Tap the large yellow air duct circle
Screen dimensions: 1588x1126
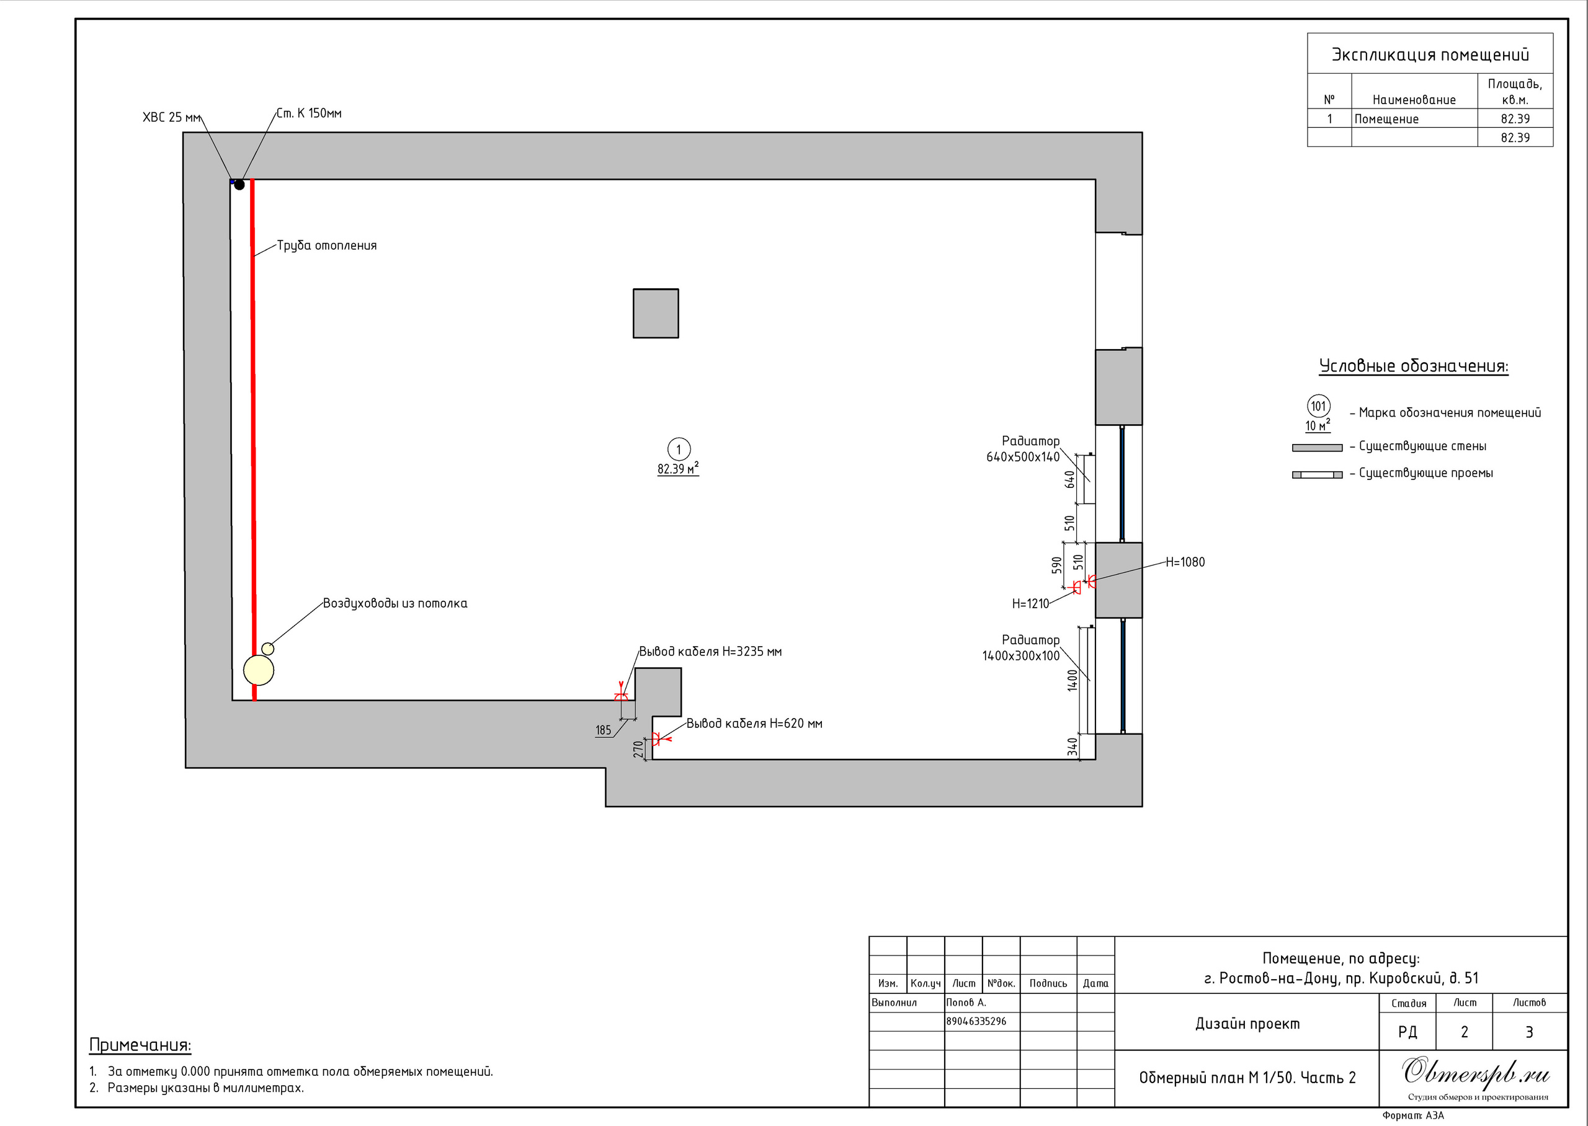point(259,670)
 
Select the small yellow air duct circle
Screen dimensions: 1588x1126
point(268,649)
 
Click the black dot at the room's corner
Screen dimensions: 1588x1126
point(239,184)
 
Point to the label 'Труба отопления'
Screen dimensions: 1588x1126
point(327,246)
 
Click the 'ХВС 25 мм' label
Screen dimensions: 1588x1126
point(171,117)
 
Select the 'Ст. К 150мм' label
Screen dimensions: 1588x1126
point(308,113)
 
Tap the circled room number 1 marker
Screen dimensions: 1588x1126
point(678,450)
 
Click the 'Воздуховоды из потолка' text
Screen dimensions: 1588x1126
point(395,603)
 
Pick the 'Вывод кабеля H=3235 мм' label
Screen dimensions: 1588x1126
point(710,651)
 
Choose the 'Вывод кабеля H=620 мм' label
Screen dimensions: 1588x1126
point(754,723)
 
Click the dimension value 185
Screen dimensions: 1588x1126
point(604,730)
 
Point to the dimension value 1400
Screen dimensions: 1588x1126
point(1072,680)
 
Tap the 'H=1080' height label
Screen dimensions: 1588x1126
point(1185,562)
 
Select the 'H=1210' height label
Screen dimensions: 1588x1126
point(1030,604)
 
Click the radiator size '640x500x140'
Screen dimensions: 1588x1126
point(1023,457)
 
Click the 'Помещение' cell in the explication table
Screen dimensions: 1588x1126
point(1386,119)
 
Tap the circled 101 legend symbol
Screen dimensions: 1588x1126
point(1318,406)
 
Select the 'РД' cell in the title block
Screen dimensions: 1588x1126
point(1407,1032)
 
